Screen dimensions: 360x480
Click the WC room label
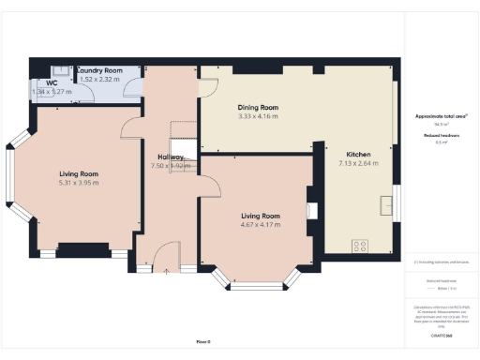(37, 82)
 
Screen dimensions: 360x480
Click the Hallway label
(171, 157)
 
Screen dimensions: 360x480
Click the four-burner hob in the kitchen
(360, 246)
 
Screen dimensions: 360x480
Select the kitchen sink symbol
(386, 205)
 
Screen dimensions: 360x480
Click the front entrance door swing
(166, 255)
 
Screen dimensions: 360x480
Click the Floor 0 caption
(203, 340)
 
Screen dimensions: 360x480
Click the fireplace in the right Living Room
(312, 211)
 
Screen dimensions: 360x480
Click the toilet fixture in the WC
(57, 69)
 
